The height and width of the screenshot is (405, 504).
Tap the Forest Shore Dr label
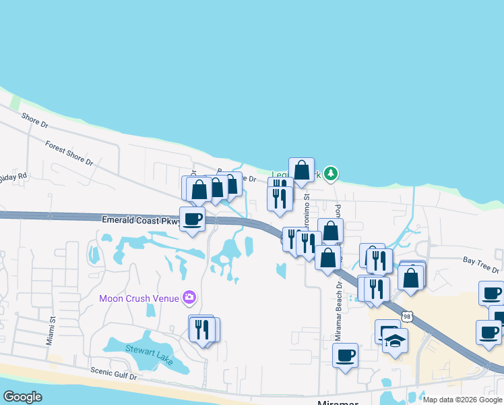[x=69, y=153]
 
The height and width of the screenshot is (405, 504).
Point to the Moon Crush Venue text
[x=138, y=298]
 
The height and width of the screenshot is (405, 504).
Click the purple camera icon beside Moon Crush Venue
[x=189, y=297]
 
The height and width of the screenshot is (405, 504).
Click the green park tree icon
[x=330, y=174]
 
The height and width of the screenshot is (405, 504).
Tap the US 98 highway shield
[x=406, y=316]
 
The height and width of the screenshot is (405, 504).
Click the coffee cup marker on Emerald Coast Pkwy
[x=192, y=219]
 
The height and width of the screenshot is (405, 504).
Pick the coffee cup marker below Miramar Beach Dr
[x=345, y=354]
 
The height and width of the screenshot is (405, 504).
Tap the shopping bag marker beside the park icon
[x=301, y=169]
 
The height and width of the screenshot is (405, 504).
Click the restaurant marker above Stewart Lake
[x=203, y=329]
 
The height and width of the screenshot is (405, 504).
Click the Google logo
[x=22, y=397]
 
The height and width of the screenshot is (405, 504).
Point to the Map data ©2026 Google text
[x=462, y=400]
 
